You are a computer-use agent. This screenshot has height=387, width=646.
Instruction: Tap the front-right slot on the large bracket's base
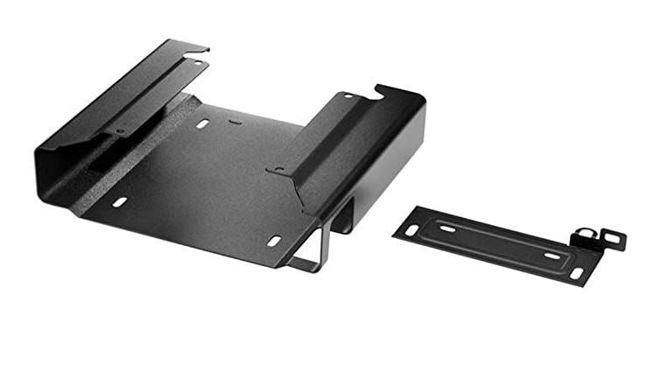point(274,240)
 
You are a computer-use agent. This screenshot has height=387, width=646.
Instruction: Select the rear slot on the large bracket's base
point(202,124)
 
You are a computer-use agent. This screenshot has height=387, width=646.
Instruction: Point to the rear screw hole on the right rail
point(348,95)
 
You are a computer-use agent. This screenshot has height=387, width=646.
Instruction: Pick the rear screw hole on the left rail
point(195,63)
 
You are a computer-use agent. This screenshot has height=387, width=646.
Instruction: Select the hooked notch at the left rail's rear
point(200,49)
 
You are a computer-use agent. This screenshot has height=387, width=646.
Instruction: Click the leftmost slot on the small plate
point(411,229)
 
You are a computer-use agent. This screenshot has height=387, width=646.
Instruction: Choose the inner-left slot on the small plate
point(447,229)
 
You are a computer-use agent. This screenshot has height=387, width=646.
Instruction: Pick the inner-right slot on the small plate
point(551,255)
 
